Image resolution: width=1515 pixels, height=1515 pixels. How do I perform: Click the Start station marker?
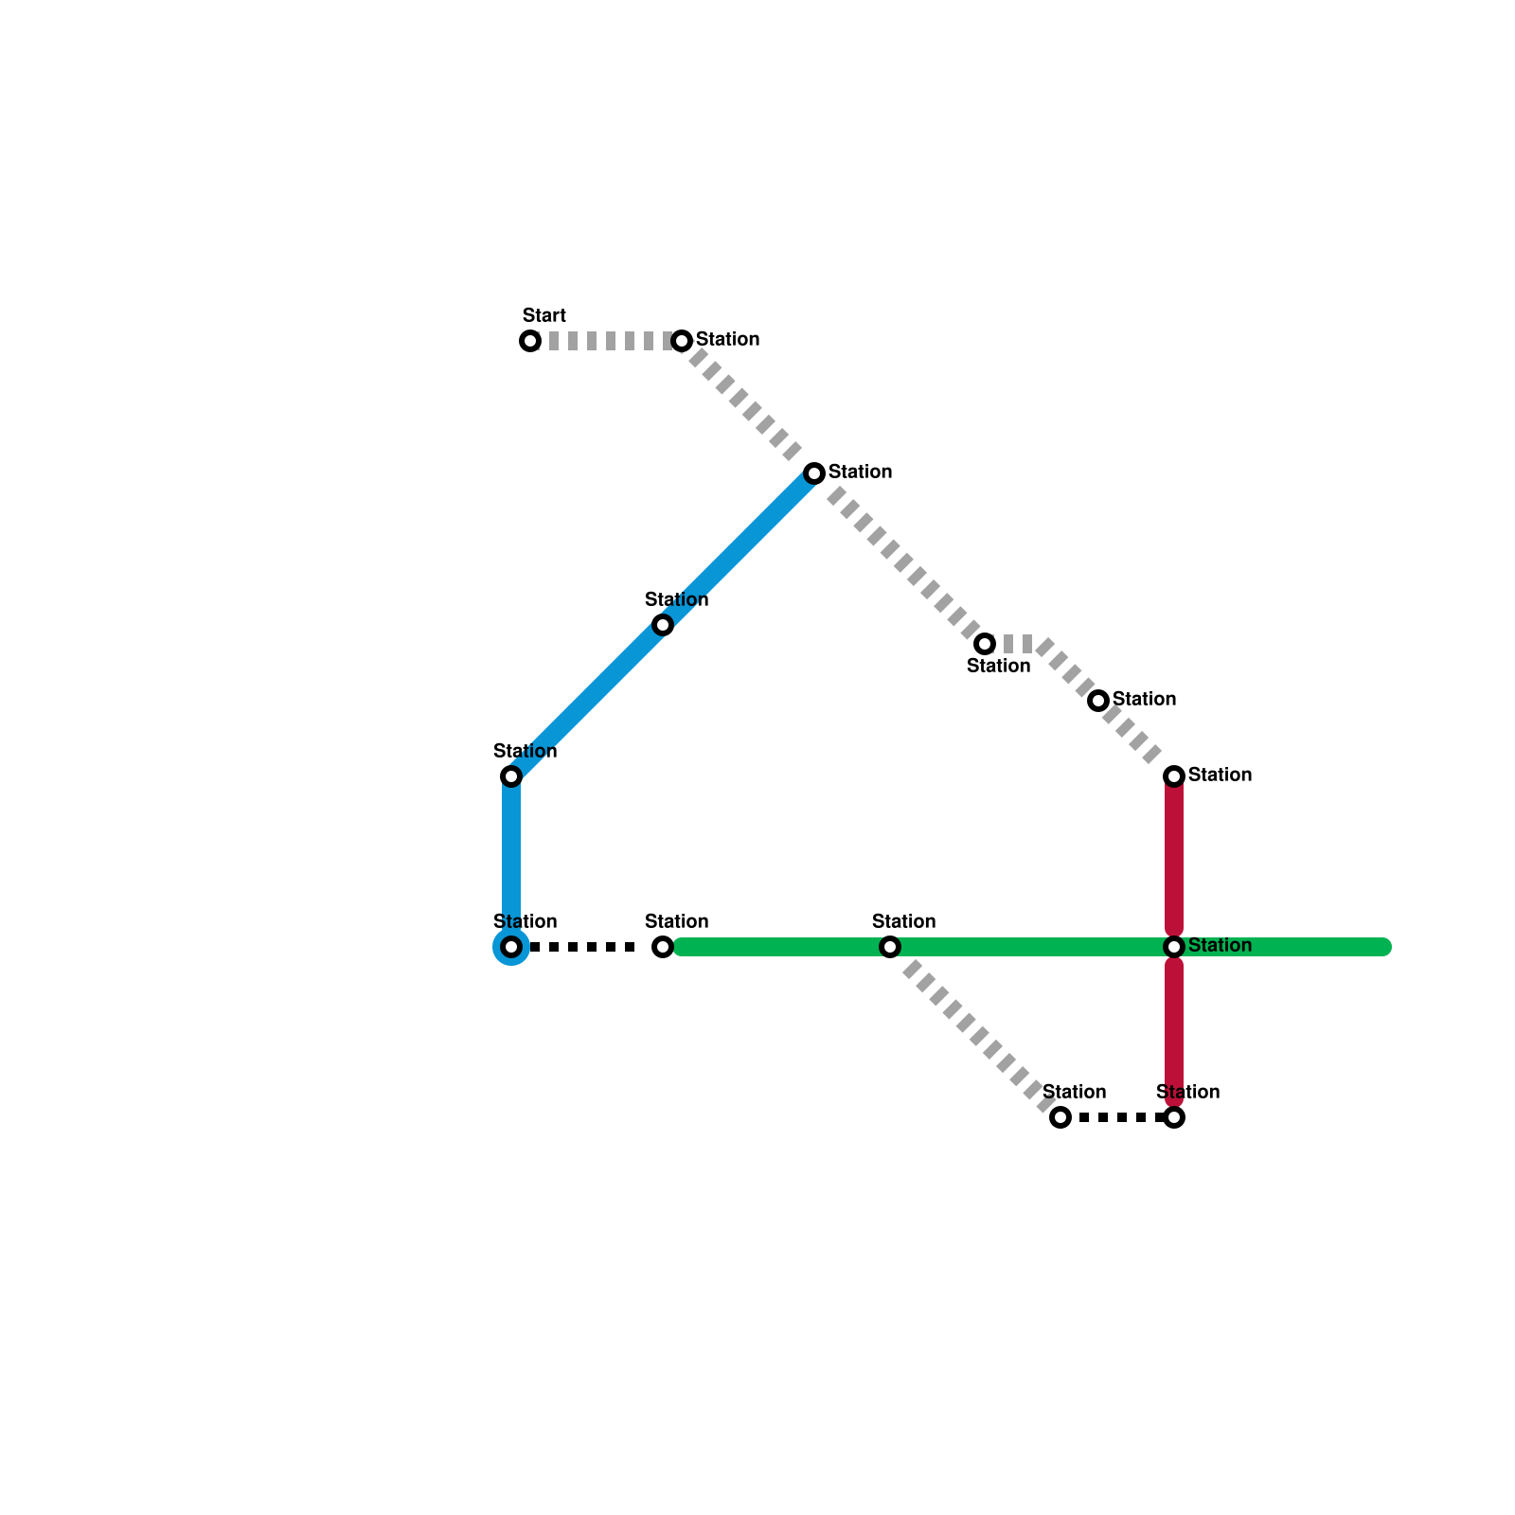pyautogui.click(x=530, y=341)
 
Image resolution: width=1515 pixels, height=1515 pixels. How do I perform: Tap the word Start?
pyautogui.click(x=544, y=315)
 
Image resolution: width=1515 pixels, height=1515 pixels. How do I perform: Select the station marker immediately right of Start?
pyautogui.click(x=682, y=341)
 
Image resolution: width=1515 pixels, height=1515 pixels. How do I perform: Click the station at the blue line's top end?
pyautogui.click(x=814, y=473)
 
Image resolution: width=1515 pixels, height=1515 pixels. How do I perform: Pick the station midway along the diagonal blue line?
pyautogui.click(x=663, y=625)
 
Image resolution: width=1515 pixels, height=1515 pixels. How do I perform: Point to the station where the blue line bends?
pyautogui.click(x=511, y=776)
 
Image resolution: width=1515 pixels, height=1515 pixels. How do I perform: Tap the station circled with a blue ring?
pyautogui.click(x=511, y=947)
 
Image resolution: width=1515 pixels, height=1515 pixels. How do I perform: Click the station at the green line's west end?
pyautogui.click(x=663, y=947)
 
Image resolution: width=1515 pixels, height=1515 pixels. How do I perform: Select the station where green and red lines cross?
pyautogui.click(x=1174, y=947)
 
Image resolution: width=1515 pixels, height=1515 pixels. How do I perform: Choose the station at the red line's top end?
pyautogui.click(x=1174, y=776)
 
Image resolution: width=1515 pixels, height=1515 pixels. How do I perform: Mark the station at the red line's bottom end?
pyautogui.click(x=1174, y=1117)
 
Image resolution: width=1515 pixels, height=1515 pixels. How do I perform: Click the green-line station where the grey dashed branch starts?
pyautogui.click(x=889, y=947)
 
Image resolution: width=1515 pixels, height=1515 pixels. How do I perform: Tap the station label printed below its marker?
pyautogui.click(x=998, y=667)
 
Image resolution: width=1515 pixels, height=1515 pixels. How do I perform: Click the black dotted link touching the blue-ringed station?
pyautogui.click(x=587, y=947)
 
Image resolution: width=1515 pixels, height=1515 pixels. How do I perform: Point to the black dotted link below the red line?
pyautogui.click(x=1117, y=1117)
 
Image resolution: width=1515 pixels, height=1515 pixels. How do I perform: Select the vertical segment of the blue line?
pyautogui.click(x=511, y=862)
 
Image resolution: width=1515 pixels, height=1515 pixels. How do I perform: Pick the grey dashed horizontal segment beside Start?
pyautogui.click(x=606, y=341)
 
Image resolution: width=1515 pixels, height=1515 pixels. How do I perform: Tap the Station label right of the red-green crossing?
pyautogui.click(x=1220, y=946)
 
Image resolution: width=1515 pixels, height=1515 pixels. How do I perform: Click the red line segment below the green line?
pyautogui.click(x=1174, y=1032)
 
